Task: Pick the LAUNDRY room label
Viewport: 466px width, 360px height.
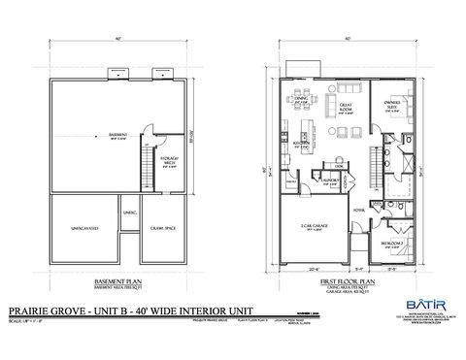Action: click(329, 180)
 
